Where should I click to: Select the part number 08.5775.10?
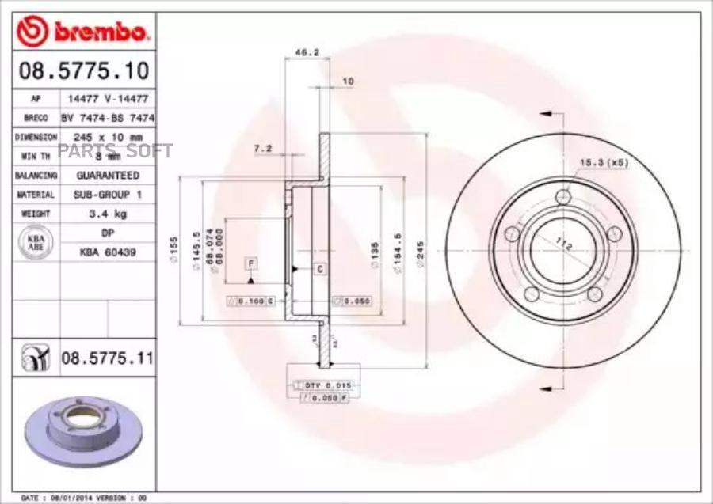point(83,72)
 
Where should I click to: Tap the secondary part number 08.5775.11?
point(106,358)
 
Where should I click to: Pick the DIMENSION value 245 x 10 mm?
point(107,136)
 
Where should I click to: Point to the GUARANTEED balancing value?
point(107,175)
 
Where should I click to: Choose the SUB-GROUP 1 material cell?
point(107,194)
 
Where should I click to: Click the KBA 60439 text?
point(107,252)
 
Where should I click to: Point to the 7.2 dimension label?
point(262,148)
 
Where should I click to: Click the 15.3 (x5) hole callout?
point(604,162)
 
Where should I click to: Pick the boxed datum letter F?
point(250,263)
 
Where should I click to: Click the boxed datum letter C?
point(320,269)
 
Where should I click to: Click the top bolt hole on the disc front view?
point(562,197)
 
